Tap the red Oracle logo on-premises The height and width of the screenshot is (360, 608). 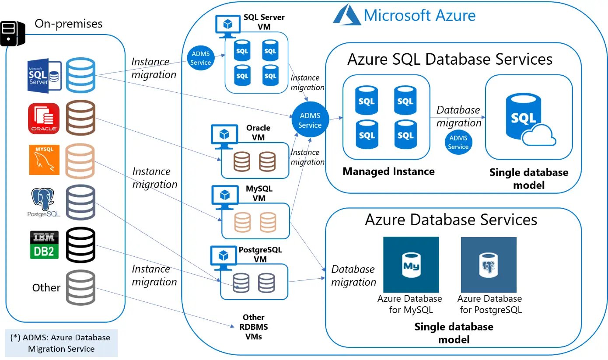(43, 118)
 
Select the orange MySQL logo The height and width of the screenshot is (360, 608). (44, 159)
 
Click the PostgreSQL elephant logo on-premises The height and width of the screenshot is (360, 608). (43, 202)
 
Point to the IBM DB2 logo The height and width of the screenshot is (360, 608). (44, 245)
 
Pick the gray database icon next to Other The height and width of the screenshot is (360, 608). (80, 287)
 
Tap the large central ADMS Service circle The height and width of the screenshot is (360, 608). (310, 120)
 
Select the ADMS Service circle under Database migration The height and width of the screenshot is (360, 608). (458, 142)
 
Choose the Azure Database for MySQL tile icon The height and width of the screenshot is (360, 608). (411, 265)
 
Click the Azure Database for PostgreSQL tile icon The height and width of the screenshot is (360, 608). (489, 265)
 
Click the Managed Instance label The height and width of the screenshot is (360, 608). (388, 171)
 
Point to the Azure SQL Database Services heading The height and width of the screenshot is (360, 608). (450, 59)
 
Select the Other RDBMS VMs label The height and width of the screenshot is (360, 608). (254, 327)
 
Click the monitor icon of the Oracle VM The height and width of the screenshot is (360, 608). (224, 133)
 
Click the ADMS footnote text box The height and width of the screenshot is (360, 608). (61, 343)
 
